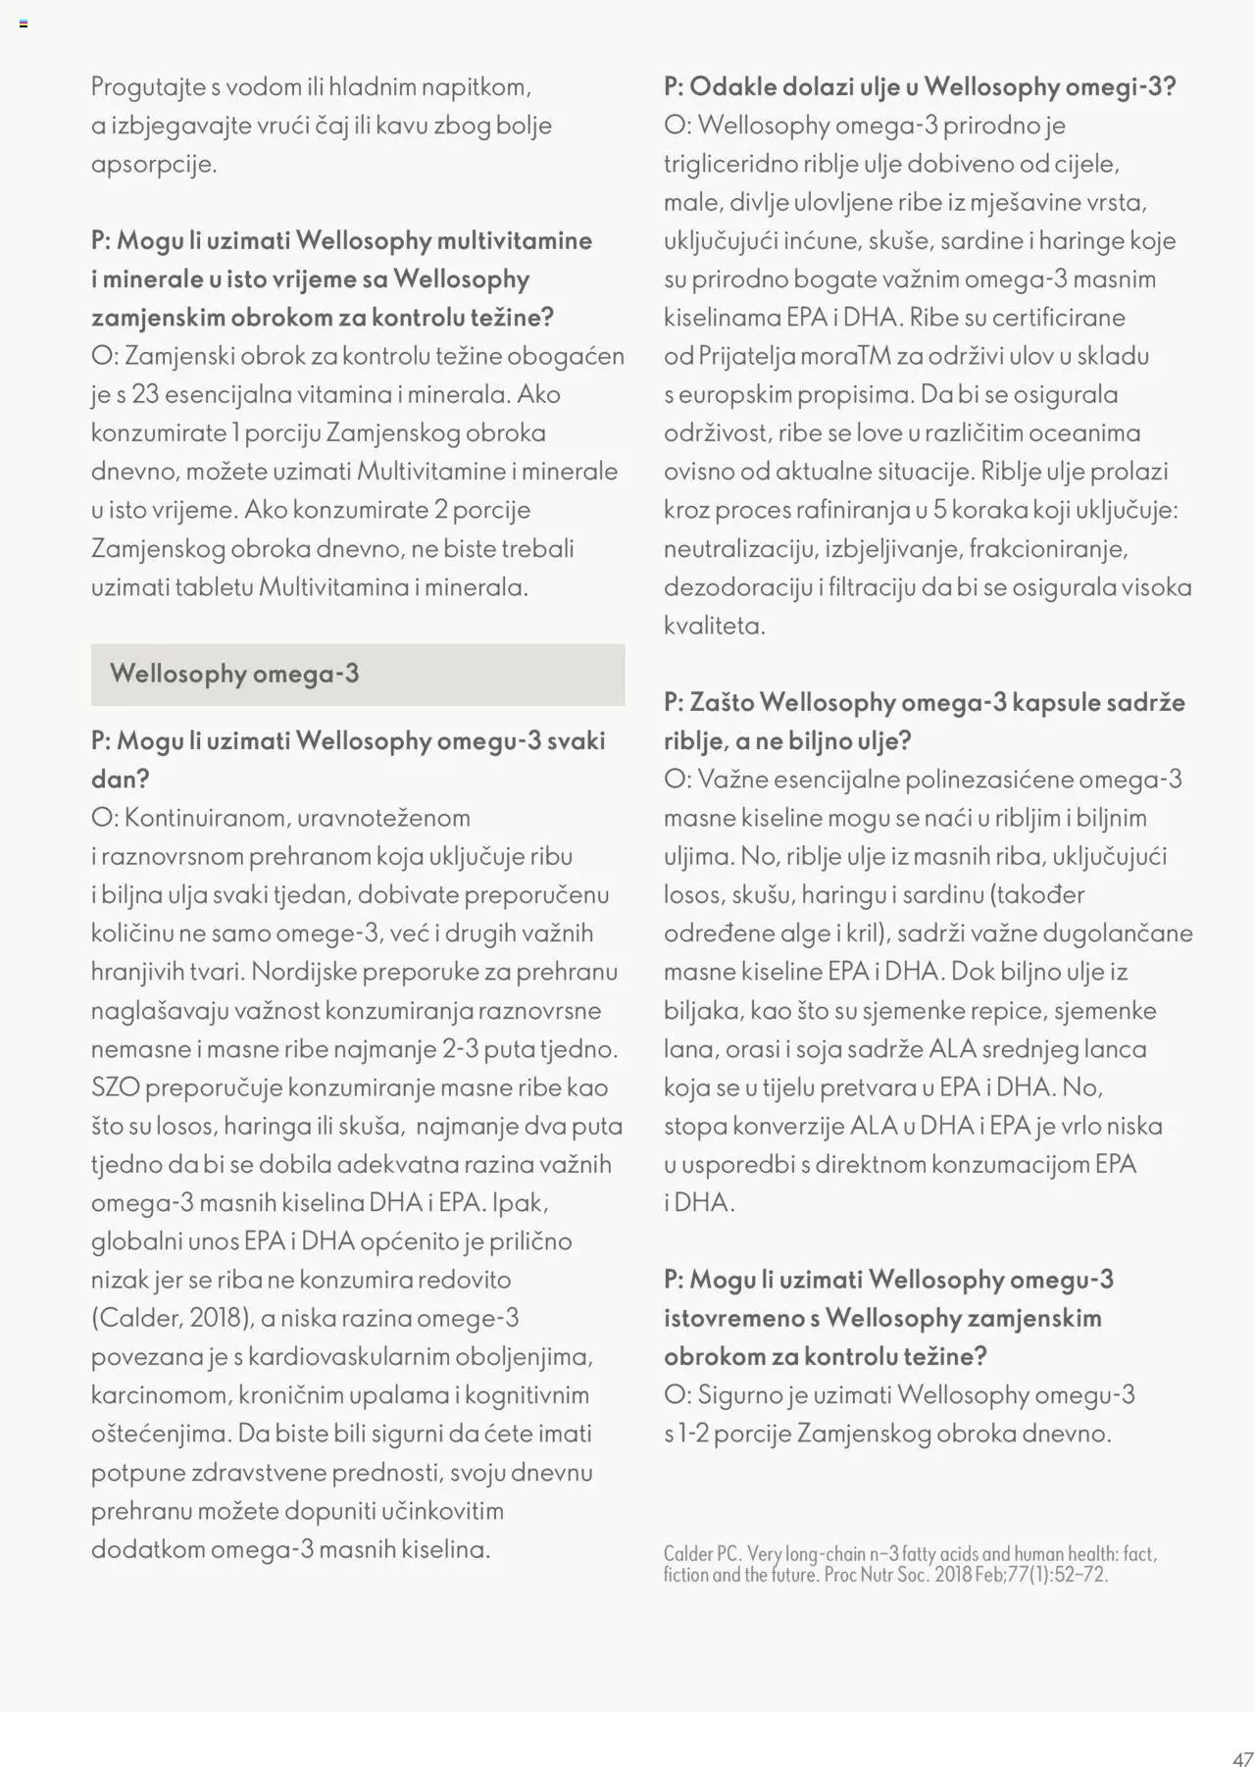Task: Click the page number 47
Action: pos(1242,1758)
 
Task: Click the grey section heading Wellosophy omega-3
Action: pos(234,674)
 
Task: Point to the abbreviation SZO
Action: pos(116,1087)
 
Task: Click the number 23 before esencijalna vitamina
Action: pos(144,394)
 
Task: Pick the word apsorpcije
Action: pos(153,164)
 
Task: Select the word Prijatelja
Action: pos(746,356)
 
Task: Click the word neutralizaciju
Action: pos(738,548)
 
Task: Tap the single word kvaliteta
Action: pos(714,626)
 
